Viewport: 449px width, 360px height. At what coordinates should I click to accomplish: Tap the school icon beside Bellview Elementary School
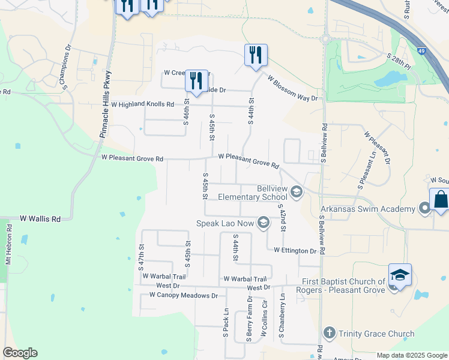[296, 193]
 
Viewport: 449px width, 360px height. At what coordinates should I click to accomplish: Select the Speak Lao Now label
[224, 223]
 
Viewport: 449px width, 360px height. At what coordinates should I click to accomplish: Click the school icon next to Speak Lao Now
[263, 223]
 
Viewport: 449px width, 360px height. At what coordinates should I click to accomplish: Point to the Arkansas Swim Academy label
[368, 209]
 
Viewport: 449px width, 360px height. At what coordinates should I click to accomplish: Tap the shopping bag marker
[440, 200]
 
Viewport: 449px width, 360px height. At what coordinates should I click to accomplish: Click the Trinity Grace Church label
[376, 334]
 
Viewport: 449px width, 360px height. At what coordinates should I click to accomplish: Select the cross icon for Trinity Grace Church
[329, 333]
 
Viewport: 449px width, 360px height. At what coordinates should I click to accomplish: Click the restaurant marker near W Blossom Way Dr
[255, 55]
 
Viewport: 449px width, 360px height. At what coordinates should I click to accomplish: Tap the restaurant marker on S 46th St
[196, 80]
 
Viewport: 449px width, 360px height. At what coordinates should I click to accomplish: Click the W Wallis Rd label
[40, 220]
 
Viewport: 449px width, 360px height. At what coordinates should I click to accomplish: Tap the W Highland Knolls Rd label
[142, 104]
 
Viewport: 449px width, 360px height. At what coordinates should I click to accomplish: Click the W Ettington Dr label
[295, 250]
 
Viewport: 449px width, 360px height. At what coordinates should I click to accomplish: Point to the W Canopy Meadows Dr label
[183, 295]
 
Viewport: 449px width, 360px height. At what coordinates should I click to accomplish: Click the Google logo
[20, 353]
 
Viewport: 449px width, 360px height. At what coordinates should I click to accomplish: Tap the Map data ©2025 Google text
[411, 355]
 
